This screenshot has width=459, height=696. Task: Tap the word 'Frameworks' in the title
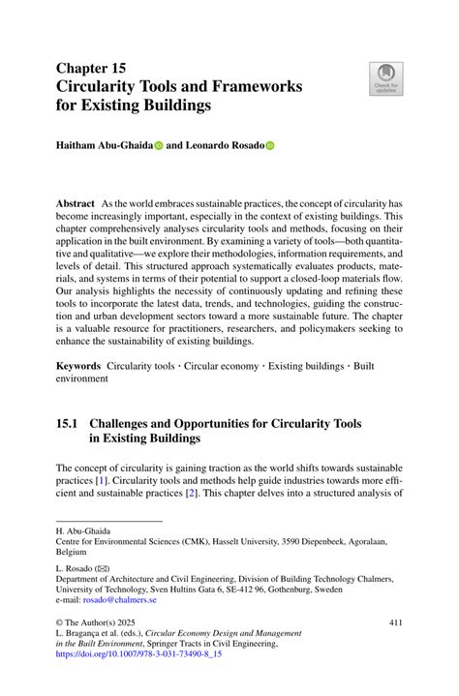(x=253, y=86)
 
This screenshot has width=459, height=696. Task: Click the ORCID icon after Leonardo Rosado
(x=270, y=145)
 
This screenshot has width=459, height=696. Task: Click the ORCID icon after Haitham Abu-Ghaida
(x=159, y=145)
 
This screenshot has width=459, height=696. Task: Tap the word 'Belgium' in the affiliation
(x=71, y=554)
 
